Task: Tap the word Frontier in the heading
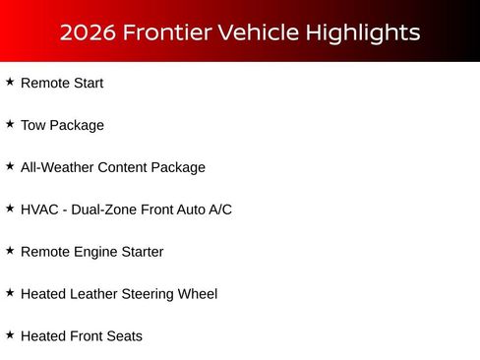click(x=166, y=32)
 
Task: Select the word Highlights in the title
click(x=362, y=32)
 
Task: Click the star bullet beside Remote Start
click(x=10, y=83)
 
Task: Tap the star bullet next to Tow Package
click(x=10, y=125)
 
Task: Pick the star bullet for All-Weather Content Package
click(x=10, y=167)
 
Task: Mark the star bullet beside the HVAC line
click(x=10, y=210)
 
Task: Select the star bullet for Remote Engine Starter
click(x=10, y=252)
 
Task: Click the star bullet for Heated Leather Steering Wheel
click(x=10, y=293)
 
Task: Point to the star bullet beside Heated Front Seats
click(x=10, y=335)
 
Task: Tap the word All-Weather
click(x=58, y=168)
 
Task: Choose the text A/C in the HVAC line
click(x=218, y=210)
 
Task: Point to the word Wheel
click(x=196, y=294)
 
